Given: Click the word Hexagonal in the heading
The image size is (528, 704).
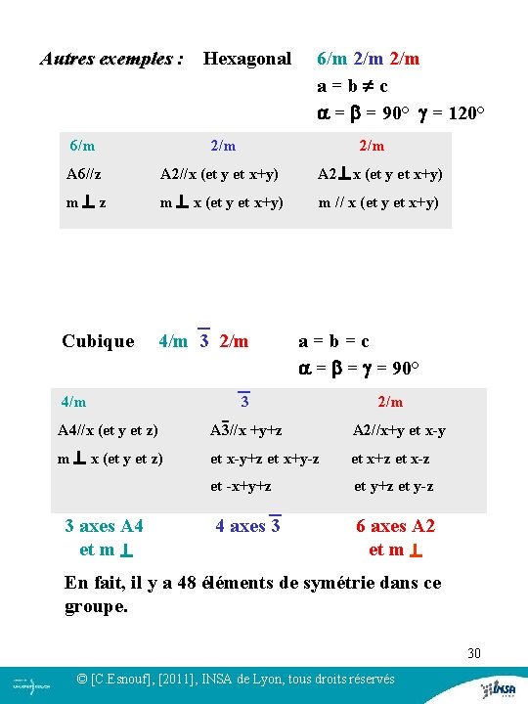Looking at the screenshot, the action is pos(246,59).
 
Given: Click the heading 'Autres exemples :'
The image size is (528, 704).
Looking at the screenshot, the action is pos(111,59).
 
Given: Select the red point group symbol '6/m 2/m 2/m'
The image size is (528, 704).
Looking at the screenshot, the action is pos(368,59).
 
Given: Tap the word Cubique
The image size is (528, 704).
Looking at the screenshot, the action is pos(98,341).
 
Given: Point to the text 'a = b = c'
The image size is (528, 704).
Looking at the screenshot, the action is pos(333,341).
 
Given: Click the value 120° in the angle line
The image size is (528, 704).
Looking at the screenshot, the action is pos(465,112).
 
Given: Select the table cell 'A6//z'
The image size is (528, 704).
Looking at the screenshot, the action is pos(84,174).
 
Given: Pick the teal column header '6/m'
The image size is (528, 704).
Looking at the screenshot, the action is pos(82,146).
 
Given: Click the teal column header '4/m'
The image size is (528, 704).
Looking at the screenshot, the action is pos(73,401).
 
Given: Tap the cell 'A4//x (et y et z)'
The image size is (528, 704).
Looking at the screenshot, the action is pos(108,430).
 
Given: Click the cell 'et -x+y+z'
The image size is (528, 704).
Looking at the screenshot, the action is pos(241,486).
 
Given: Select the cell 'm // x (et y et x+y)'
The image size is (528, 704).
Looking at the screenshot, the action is pos(379,202).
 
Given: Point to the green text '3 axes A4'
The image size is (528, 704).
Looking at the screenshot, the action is pos(104,526).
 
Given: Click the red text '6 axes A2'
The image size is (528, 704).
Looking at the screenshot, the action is pos(395,526).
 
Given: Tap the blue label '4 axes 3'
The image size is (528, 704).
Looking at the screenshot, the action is pos(248,526).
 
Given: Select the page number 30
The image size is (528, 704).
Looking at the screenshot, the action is pos(474,653).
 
